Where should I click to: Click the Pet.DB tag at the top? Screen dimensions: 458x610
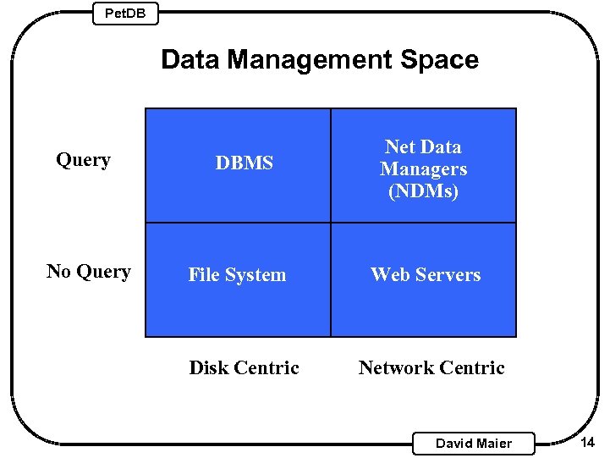(124, 13)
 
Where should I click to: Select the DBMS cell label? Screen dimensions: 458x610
(245, 163)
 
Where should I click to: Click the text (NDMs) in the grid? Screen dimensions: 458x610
(423, 191)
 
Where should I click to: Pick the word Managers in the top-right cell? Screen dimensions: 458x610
(423, 169)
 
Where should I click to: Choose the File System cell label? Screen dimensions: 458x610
(237, 275)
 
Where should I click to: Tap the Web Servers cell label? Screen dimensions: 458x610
(426, 275)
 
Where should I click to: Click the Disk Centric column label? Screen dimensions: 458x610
(244, 368)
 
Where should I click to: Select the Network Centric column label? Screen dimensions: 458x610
(431, 368)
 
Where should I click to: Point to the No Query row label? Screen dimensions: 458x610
(89, 272)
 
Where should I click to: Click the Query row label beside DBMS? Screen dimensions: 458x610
(83, 160)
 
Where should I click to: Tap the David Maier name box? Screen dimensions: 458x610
(473, 443)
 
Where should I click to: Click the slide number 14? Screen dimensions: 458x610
(588, 442)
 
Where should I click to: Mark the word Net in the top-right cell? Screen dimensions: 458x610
(399, 147)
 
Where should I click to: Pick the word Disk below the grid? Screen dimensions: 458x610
(208, 368)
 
